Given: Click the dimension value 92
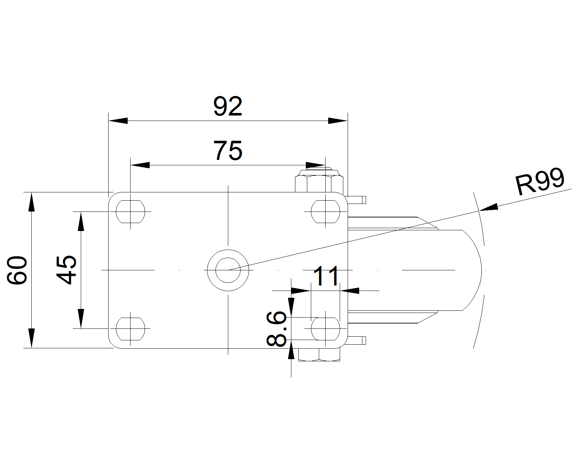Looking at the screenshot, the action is coord(228,106).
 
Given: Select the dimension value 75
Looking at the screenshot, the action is coord(228,151).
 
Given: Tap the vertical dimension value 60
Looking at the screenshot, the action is coord(17,270).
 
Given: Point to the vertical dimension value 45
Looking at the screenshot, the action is coord(66,270).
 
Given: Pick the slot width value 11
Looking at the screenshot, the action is coord(326,276).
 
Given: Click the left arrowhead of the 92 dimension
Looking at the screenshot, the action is coord(118,121).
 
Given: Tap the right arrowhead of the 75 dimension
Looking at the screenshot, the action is coord(316,165).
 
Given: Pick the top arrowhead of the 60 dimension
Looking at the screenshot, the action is coord(32,202).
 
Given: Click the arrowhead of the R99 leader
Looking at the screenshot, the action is coord(489,208).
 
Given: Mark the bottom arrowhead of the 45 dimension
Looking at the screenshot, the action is coord(81,319).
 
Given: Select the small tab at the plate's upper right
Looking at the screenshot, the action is coord(356,200).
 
